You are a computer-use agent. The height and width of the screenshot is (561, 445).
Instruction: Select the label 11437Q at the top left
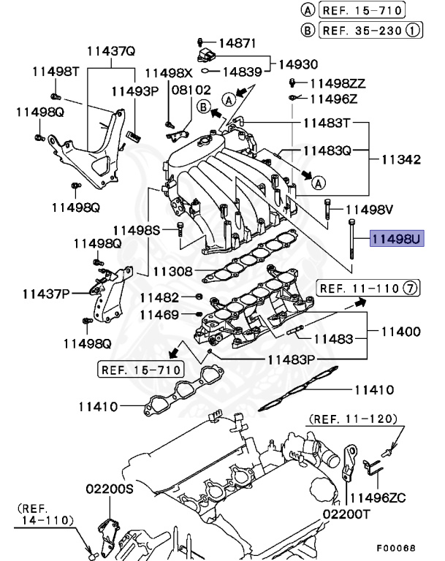pos(111,52)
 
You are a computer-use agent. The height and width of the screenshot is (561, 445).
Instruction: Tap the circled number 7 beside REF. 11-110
pos(412,289)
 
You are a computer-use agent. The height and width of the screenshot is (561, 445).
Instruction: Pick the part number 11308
pos(172,271)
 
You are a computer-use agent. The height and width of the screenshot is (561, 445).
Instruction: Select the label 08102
pos(191,90)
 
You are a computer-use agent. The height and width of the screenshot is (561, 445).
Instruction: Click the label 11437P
pos(45,294)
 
